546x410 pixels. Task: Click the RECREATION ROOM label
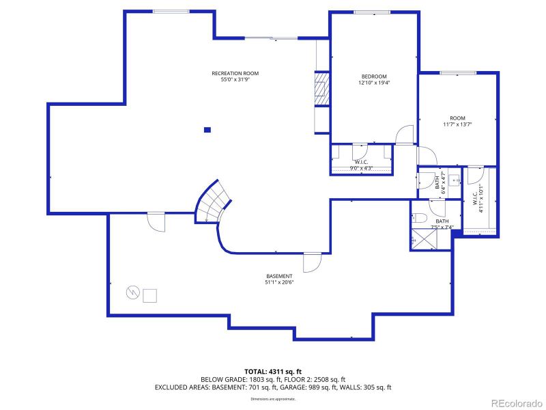pos(235,73)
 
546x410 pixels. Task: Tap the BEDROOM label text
pos(374,77)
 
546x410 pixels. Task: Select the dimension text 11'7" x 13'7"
pos(457,124)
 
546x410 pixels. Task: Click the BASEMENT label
pos(279,276)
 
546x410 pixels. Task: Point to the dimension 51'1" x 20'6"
pos(279,282)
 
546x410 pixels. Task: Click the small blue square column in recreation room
pos(207,129)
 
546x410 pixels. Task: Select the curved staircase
pos(211,202)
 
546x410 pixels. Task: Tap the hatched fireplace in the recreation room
pos(321,89)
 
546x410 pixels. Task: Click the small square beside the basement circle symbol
pos(149,295)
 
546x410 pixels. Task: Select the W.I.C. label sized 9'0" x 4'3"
pos(362,165)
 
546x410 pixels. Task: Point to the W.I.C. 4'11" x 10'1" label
pos(477,199)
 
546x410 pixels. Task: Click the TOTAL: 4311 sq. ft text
pos(273,371)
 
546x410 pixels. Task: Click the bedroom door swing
pos(405,135)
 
